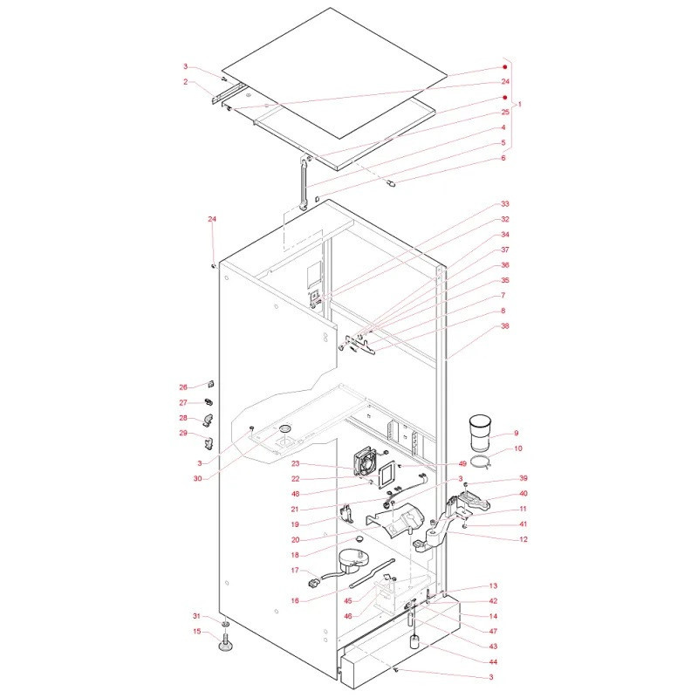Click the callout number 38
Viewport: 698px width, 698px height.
point(505,325)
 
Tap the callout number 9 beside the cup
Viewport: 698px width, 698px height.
point(516,433)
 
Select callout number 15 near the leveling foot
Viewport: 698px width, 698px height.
point(197,631)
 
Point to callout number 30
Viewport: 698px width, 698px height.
point(197,478)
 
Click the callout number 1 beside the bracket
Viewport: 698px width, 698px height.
point(519,105)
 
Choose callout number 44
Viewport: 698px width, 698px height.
point(493,662)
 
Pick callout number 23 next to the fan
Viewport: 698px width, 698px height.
point(296,463)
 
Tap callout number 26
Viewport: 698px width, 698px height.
point(183,387)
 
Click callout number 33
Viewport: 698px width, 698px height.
point(505,204)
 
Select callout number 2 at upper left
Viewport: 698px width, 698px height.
point(186,82)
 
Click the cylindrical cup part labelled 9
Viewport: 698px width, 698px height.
point(479,435)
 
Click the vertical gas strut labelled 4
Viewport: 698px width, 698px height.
point(304,182)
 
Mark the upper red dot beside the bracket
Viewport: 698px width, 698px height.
point(505,67)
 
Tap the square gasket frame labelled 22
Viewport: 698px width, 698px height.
point(386,476)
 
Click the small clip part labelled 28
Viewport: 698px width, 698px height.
point(208,419)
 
